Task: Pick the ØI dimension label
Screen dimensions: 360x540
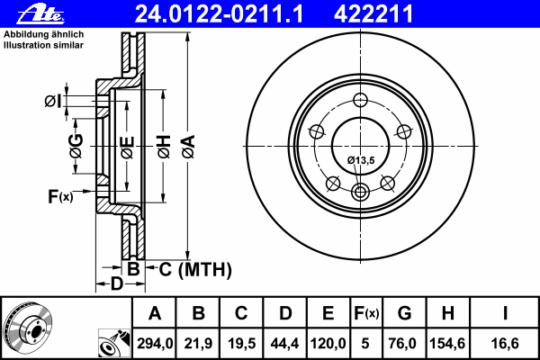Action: (52, 101)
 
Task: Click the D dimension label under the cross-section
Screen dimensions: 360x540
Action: (116, 285)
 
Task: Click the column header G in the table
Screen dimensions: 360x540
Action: (404, 313)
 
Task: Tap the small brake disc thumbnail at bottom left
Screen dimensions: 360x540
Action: (28, 328)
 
